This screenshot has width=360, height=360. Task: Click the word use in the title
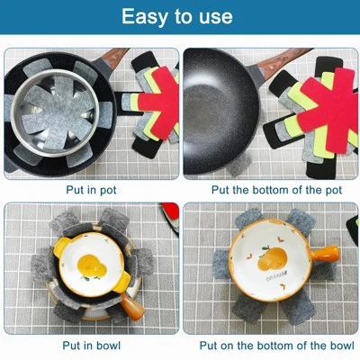coord(213,17)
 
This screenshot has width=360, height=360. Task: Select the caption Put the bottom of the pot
coord(270,190)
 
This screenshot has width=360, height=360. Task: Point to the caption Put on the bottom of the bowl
coord(270,345)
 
